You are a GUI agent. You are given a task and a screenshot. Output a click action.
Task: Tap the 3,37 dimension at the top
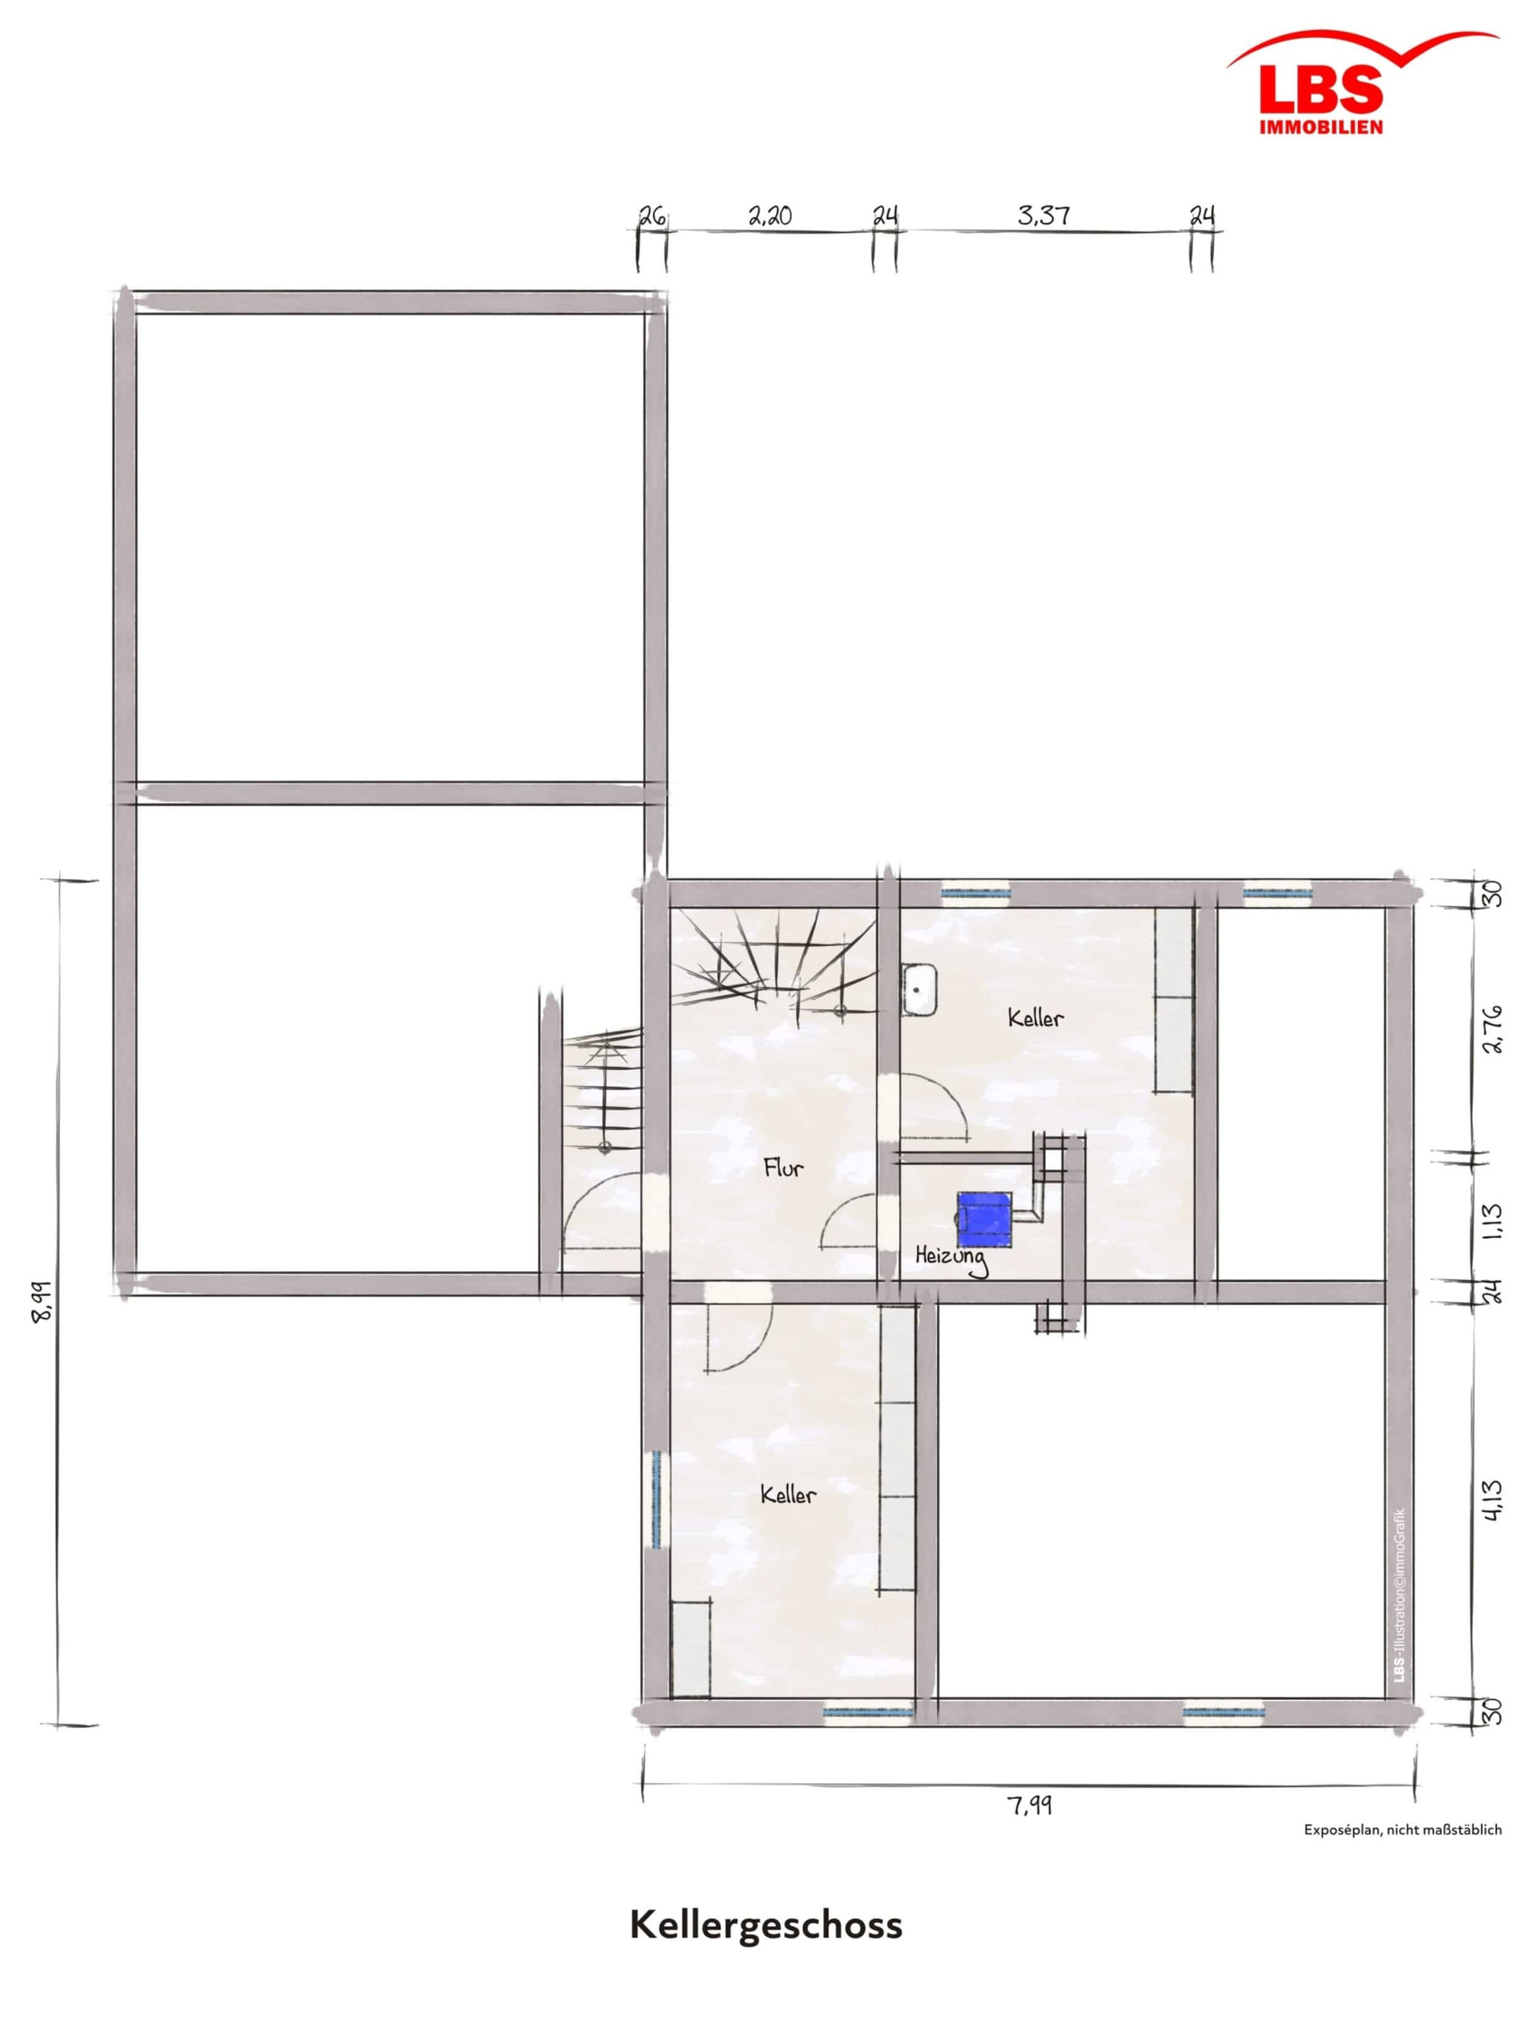(x=1044, y=215)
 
